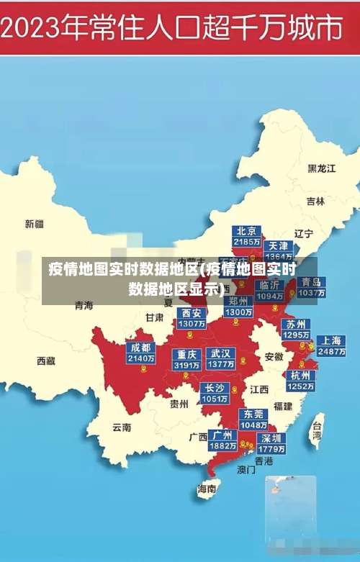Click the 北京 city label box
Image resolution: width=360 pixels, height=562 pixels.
tap(247, 236)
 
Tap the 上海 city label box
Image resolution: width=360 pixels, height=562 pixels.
tap(331, 346)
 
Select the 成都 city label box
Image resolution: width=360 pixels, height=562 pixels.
tap(141, 353)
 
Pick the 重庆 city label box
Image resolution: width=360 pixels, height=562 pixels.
tap(186, 359)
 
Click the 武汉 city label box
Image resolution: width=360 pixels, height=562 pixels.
tap(220, 359)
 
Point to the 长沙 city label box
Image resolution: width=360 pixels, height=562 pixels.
tap(215, 393)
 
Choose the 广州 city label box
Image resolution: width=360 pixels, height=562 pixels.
tap(222, 440)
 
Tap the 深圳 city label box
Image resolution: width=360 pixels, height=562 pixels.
tap(271, 443)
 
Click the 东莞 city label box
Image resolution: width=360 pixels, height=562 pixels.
tap(253, 420)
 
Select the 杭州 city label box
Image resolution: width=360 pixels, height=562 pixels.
tap(300, 381)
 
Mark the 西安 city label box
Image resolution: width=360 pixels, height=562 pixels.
tap(191, 318)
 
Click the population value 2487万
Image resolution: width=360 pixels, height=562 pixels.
tap(331, 353)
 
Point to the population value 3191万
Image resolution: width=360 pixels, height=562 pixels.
tap(186, 365)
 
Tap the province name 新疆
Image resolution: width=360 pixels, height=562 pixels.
tap(35, 224)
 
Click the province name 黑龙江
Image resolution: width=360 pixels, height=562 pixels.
tap(322, 168)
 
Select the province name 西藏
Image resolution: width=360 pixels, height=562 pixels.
tap(46, 361)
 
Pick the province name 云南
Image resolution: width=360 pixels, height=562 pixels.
tap(122, 427)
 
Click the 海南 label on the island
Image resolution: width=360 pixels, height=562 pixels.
tap(207, 489)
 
